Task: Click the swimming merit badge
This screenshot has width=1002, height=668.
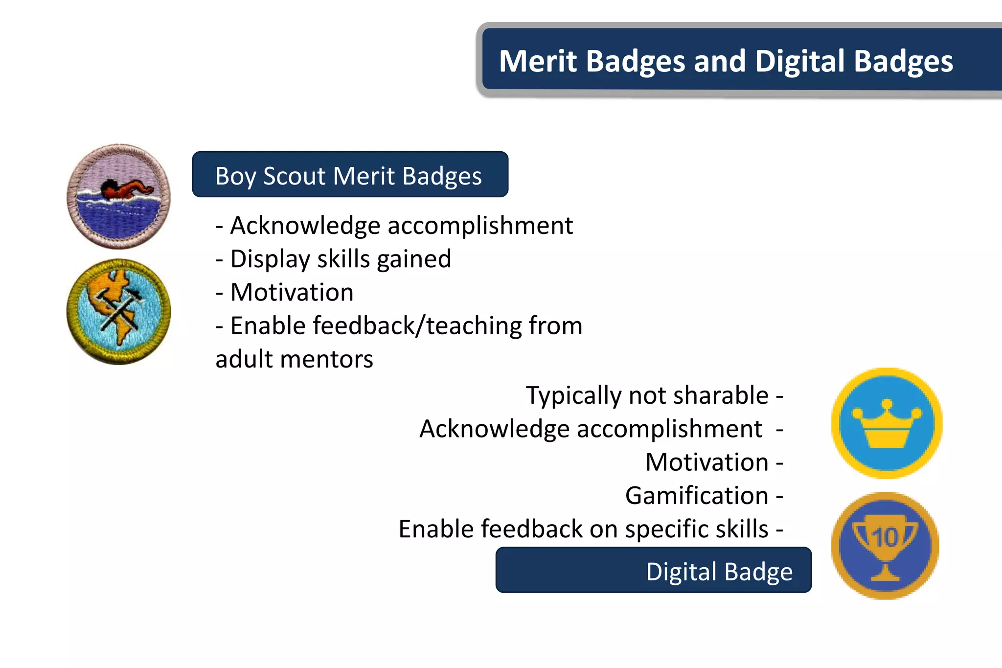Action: (x=119, y=196)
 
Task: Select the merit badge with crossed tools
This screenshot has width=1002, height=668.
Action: (x=119, y=312)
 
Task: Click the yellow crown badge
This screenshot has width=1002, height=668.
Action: (x=887, y=423)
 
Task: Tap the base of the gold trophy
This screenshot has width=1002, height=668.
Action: (x=886, y=576)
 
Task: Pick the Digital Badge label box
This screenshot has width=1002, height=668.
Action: (x=653, y=570)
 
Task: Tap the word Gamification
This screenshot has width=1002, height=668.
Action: (x=697, y=495)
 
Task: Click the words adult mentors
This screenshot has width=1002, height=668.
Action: (x=294, y=359)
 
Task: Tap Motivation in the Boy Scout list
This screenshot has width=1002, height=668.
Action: (x=292, y=292)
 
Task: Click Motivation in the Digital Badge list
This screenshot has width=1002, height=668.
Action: (x=707, y=462)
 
